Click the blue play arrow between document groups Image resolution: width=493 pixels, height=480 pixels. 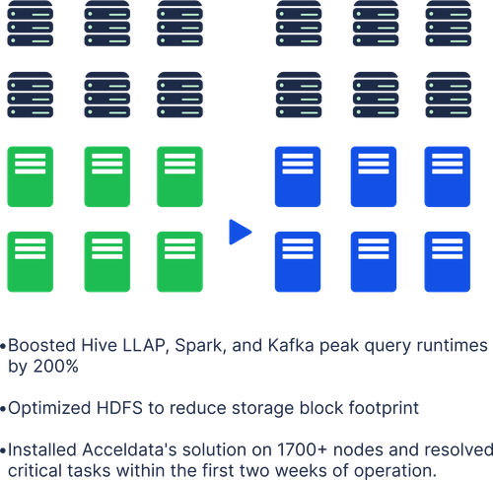click(x=239, y=233)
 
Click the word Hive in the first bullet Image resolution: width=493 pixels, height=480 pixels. click(x=89, y=347)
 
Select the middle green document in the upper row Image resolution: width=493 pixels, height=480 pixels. click(x=107, y=176)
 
